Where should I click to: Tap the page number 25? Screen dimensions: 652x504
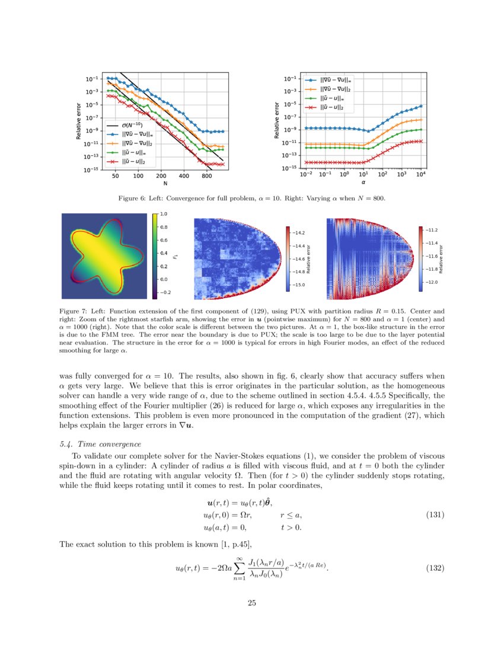tap(251, 603)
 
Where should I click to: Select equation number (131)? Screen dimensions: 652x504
tap(435, 515)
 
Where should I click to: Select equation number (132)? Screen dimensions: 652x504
tap(435, 568)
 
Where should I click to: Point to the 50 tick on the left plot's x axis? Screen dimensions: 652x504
tap(115, 176)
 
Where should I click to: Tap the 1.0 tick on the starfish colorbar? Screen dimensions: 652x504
tap(164, 213)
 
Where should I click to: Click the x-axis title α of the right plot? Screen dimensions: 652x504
tap(363, 183)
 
